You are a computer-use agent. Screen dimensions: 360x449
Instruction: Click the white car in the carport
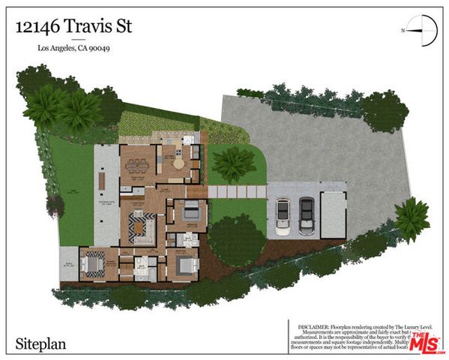(283, 215)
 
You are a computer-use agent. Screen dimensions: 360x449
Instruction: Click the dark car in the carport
(307, 215)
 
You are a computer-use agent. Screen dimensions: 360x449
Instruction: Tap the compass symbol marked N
(423, 31)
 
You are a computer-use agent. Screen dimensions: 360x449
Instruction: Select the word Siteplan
(42, 345)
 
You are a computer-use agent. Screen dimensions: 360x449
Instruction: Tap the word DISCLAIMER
(309, 326)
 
